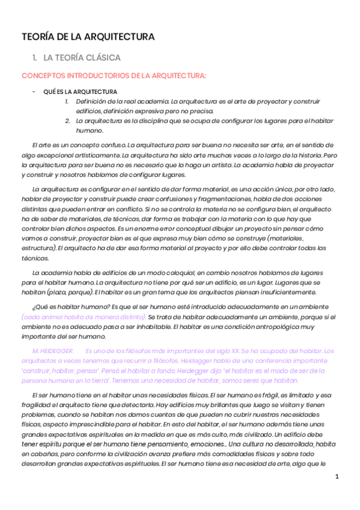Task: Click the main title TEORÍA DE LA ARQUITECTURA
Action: (88, 37)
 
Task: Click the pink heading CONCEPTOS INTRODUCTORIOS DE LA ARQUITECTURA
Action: (114, 76)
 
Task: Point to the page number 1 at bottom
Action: (337, 477)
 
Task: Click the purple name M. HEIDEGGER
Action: (53, 350)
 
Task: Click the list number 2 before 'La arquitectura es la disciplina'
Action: (68, 121)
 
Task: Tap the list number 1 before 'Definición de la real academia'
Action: (68, 101)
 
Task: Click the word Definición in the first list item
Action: (91, 101)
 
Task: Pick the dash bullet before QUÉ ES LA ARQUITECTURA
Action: (34, 92)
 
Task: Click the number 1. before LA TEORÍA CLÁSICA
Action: (35, 58)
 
